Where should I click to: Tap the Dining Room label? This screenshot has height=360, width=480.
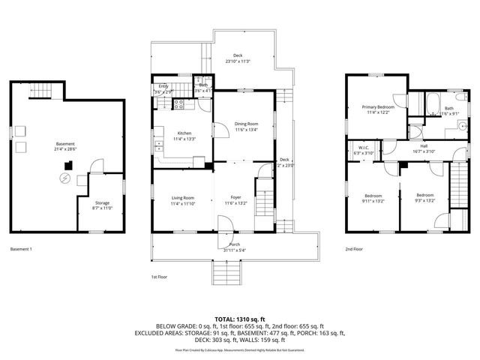click(247, 124)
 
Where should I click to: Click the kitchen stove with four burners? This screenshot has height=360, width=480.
click(180, 105)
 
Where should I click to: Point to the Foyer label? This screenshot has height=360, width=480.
click(235, 198)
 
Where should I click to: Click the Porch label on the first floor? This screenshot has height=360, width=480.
click(234, 244)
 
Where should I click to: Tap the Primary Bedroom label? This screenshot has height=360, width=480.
click(378, 107)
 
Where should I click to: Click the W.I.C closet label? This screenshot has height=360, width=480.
click(363, 147)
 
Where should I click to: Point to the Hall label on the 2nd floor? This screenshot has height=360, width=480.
click(424, 147)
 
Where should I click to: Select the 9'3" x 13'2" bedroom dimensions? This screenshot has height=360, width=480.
click(425, 200)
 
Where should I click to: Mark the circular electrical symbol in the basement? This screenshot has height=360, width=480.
click(66, 178)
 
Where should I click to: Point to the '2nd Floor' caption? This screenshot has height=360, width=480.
click(353, 248)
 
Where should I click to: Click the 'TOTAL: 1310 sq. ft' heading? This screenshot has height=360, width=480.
click(239, 319)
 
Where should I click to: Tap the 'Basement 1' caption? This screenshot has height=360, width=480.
click(22, 248)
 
